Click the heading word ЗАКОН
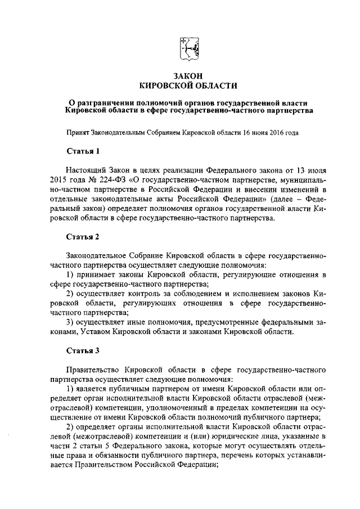coord(188,75)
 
